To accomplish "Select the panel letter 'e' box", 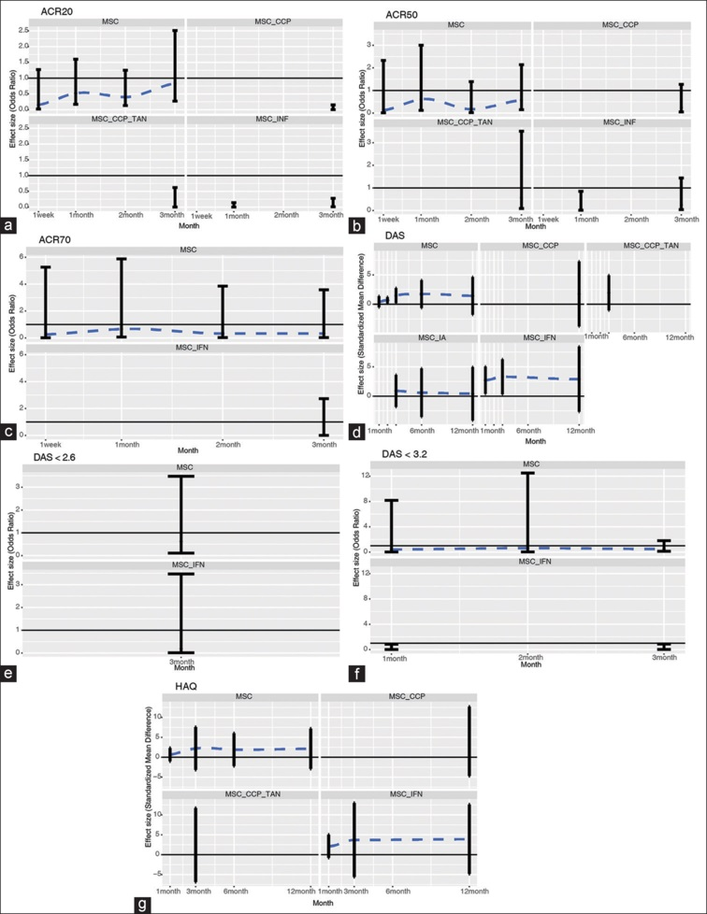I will (10, 672).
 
